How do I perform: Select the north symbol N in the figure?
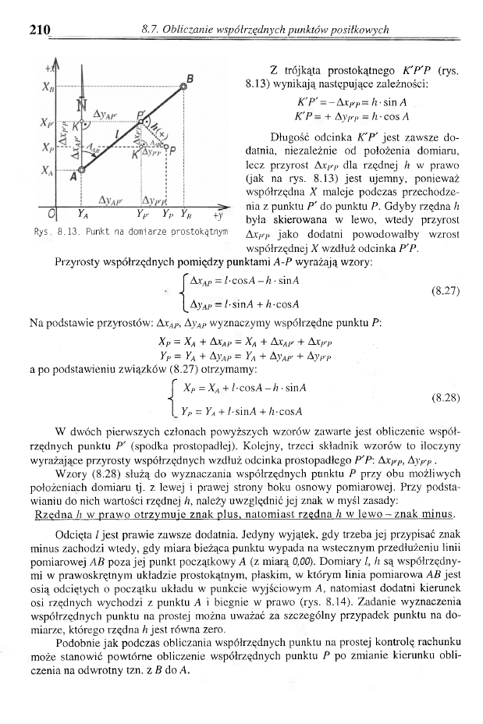tap(80, 106)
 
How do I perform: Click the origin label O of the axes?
tap(51, 218)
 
